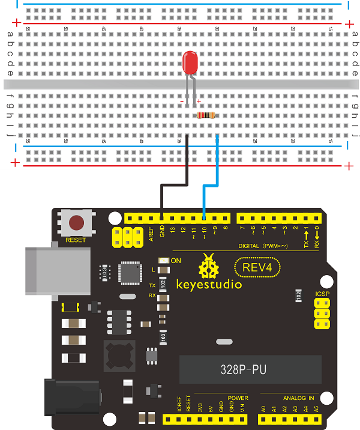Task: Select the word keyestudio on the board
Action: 208,283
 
